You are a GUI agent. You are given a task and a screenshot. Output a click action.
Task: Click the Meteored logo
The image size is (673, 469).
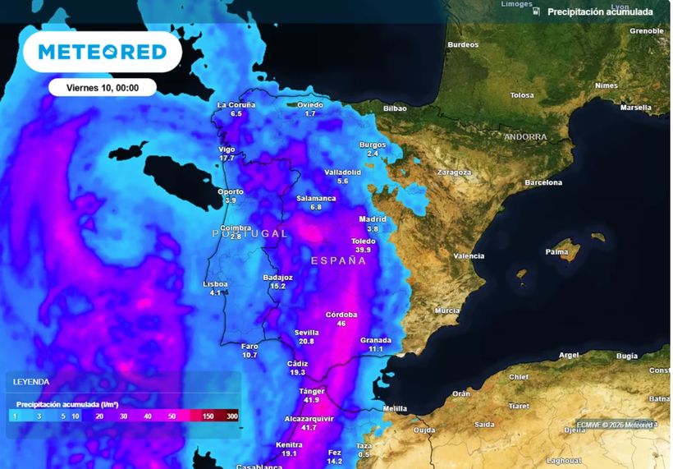[102, 53]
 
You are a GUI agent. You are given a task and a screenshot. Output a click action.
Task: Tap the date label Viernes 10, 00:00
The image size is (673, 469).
[102, 87]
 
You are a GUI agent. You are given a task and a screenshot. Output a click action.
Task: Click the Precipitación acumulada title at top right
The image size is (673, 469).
[600, 11]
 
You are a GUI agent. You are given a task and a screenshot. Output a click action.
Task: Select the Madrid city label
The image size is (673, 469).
[373, 219]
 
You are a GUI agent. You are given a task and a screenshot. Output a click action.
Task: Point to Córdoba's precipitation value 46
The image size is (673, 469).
[341, 324]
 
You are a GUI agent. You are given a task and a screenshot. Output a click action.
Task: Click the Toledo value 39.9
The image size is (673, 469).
[364, 251]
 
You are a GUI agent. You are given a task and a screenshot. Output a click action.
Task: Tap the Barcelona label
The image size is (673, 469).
[543, 182]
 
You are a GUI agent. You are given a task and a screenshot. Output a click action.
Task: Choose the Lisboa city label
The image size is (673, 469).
[215, 283]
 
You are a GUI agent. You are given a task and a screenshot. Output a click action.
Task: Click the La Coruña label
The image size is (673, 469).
[236, 104]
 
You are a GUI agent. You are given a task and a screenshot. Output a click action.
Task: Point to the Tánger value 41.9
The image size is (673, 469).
[310, 400]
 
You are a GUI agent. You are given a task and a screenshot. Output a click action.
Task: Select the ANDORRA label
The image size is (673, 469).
[525, 137]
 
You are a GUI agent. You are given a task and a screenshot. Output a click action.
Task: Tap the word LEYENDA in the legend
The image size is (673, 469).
[31, 382]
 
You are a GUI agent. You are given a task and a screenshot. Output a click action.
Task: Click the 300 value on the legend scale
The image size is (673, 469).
[232, 417]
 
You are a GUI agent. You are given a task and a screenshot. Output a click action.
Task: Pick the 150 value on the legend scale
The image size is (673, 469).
[208, 417]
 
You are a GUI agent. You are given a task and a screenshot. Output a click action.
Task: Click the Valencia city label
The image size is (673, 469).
[469, 255]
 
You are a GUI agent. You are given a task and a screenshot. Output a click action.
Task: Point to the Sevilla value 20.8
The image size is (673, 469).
[306, 342]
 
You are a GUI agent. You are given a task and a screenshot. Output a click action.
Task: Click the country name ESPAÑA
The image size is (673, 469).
[338, 260]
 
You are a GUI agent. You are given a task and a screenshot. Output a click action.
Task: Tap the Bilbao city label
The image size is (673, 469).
[395, 108]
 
